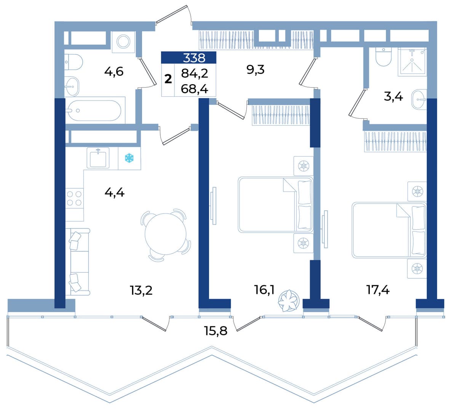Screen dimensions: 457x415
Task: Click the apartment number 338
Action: point(194,58)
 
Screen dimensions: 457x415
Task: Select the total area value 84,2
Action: point(195,73)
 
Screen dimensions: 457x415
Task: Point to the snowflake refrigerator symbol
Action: point(129,158)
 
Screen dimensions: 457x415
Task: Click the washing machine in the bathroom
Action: point(123,42)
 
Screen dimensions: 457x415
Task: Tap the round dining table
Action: point(166,234)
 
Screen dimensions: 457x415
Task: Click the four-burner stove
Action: point(74,198)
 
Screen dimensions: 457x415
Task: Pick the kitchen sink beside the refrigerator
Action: point(98,158)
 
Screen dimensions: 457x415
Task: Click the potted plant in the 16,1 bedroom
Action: point(289,300)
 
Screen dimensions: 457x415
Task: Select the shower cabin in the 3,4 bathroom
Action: point(412,62)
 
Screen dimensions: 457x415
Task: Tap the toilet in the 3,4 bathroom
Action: point(383,57)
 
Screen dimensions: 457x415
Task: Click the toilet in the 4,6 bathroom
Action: point(74,62)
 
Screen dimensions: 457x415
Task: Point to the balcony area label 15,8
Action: point(216,331)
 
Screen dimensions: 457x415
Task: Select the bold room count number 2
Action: point(168,80)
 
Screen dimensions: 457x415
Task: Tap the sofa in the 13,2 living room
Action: point(78,262)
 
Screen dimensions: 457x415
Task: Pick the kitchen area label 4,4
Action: point(114,193)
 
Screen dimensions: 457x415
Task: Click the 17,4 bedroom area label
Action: point(378,290)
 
